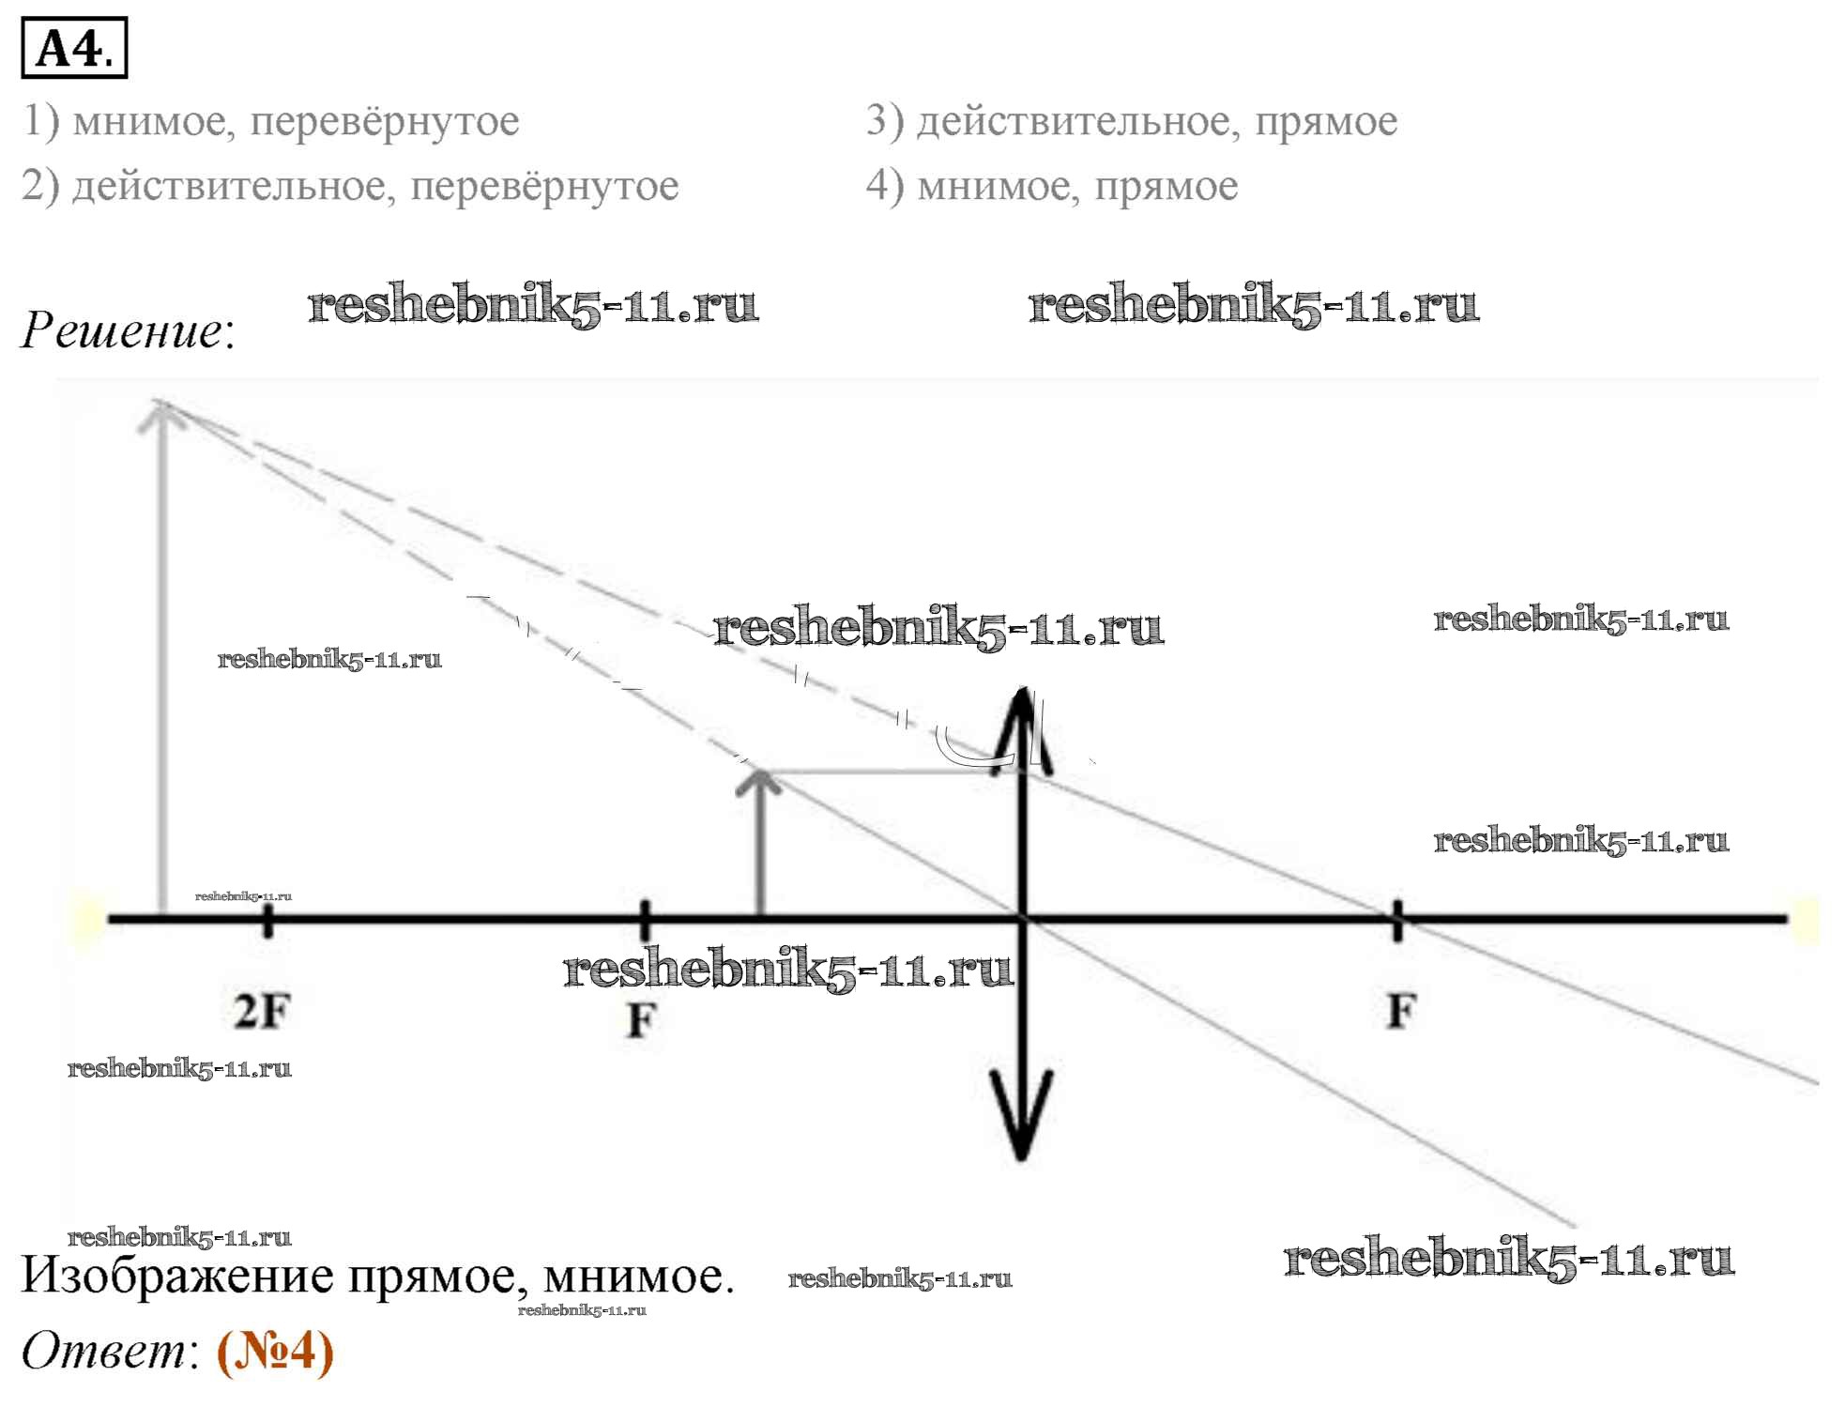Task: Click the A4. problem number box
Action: click(74, 48)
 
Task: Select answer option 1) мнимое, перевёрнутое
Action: click(270, 121)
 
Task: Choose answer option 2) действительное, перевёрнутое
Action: click(349, 186)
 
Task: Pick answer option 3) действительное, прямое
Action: click(1131, 121)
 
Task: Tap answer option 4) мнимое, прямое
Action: click(1051, 186)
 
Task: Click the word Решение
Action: click(124, 330)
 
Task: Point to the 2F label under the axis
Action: click(262, 1012)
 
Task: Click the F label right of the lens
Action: click(1400, 1012)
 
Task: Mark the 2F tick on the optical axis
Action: click(267, 919)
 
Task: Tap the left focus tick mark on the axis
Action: click(644, 919)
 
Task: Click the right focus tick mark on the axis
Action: click(1397, 919)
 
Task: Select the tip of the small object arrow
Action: click(760, 774)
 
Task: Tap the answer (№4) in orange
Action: click(275, 1352)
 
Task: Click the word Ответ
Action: click(104, 1352)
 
